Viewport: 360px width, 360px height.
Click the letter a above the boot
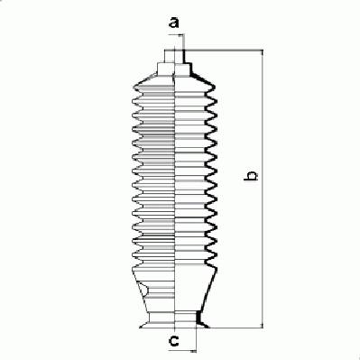pyautogui.click(x=174, y=22)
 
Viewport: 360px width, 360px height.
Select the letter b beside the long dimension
pyautogui.click(x=251, y=176)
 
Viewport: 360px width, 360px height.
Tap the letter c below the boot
pyautogui.click(x=174, y=341)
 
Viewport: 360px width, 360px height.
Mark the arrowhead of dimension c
pyautogui.click(x=193, y=351)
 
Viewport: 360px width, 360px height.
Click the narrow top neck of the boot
pyautogui.click(x=174, y=56)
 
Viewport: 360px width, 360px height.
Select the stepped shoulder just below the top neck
pyautogui.click(x=174, y=69)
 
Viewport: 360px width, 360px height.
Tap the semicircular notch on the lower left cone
pyautogui.click(x=144, y=291)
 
